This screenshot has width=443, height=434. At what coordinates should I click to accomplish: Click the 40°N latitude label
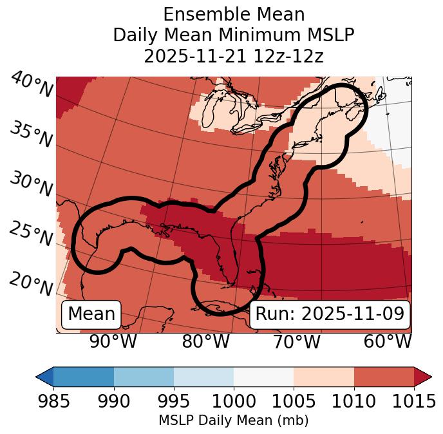tap(32, 85)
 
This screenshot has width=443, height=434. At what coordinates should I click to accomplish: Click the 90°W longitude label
tap(113, 342)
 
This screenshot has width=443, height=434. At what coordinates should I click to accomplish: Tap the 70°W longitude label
tap(297, 342)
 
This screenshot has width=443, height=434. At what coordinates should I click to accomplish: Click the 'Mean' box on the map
tap(91, 314)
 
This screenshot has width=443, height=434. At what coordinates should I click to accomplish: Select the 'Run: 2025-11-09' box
tap(330, 314)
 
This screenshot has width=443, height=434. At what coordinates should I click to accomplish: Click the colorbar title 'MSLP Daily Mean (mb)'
tap(233, 420)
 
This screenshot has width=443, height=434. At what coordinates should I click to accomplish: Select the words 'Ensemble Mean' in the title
tap(233, 14)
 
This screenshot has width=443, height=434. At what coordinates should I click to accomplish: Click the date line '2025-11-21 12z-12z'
tap(233, 56)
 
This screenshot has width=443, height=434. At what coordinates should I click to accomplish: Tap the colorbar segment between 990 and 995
tap(144, 377)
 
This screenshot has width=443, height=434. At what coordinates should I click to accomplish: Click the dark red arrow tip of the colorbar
tap(423, 377)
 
